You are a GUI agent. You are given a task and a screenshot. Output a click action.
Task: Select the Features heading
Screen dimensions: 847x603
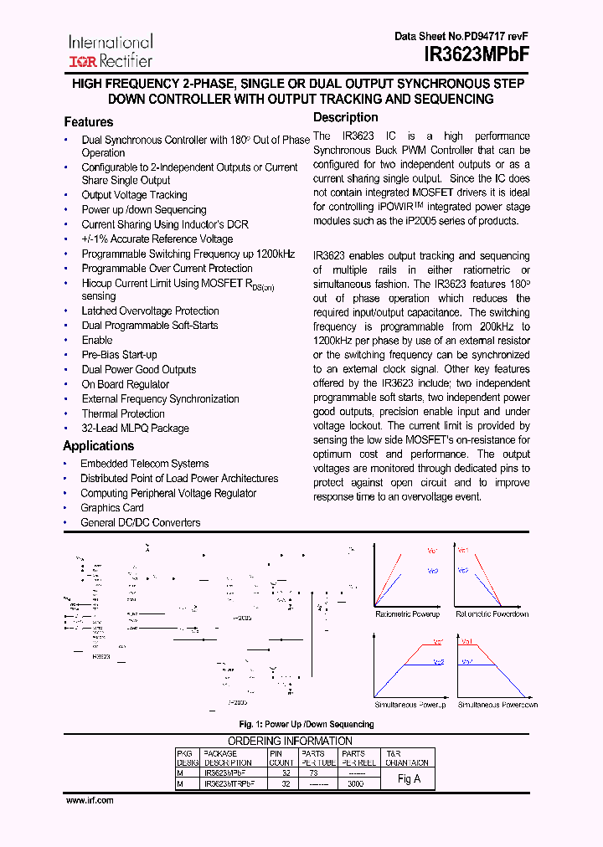click(x=88, y=122)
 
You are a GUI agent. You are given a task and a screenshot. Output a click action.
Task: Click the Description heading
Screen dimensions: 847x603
click(x=345, y=118)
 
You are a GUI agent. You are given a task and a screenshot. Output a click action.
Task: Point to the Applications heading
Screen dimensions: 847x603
click(x=98, y=446)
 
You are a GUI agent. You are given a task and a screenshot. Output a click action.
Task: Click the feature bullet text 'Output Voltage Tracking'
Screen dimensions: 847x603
click(x=134, y=195)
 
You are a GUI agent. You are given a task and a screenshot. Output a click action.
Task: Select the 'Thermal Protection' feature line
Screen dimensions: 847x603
click(x=123, y=413)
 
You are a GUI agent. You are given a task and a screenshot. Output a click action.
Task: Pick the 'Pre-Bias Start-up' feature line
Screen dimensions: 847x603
click(x=119, y=355)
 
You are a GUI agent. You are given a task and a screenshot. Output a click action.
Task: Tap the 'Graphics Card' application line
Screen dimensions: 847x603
click(x=112, y=508)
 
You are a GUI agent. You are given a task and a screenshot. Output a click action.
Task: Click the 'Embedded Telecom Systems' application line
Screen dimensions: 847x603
click(x=144, y=464)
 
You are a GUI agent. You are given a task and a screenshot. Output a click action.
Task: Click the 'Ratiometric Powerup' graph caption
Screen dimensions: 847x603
click(x=407, y=614)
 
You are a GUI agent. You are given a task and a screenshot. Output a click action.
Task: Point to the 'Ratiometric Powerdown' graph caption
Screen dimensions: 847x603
click(x=492, y=614)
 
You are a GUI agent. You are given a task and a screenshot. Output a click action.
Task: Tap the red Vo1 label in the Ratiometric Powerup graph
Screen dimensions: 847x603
click(x=432, y=551)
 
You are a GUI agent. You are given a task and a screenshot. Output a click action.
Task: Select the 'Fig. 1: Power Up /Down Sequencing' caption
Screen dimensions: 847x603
click(x=307, y=724)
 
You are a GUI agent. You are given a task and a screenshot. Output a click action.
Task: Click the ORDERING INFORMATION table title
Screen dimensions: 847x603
click(x=290, y=741)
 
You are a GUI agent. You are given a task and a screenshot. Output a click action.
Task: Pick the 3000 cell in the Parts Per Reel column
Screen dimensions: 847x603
click(x=356, y=784)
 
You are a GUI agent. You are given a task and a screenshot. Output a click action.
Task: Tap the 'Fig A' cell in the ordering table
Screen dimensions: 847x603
click(x=409, y=779)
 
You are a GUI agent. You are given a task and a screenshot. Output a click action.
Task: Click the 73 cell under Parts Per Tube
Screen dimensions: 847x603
click(x=313, y=774)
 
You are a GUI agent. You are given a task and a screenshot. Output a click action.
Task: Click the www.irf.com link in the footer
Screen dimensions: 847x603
click(x=90, y=800)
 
